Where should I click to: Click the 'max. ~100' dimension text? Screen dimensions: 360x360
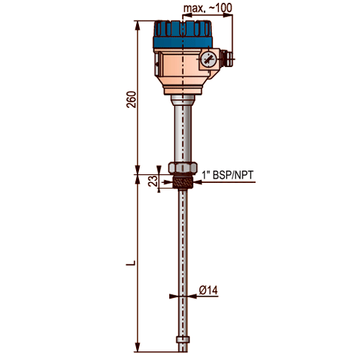tap(207, 8)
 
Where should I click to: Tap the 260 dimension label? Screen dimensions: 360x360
tap(131, 99)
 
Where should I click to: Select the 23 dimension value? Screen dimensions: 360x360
tap(153, 181)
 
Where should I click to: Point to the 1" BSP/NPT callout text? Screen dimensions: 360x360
tap(228, 175)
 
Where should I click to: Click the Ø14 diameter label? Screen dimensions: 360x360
tap(208, 290)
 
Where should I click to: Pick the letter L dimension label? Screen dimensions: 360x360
tap(131, 263)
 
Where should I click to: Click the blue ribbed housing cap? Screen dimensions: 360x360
tap(183, 35)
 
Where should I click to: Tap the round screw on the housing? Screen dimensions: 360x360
tap(209, 59)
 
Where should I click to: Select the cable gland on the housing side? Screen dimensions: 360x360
tap(227, 58)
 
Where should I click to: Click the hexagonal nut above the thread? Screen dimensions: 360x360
tap(183, 168)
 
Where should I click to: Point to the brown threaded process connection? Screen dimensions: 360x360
tap(183, 181)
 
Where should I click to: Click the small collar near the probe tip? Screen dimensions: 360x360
tap(183, 340)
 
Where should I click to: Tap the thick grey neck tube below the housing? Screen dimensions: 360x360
tap(183, 131)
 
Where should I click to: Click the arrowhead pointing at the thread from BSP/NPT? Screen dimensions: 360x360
tap(198, 182)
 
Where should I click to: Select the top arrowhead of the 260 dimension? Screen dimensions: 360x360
tap(138, 25)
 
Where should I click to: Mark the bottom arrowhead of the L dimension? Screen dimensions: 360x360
tap(138, 348)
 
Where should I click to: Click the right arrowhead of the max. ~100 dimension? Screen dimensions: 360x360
tap(228, 15)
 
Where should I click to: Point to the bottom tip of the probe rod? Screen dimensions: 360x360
tap(183, 352)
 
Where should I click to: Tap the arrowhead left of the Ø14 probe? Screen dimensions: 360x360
tap(174, 297)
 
